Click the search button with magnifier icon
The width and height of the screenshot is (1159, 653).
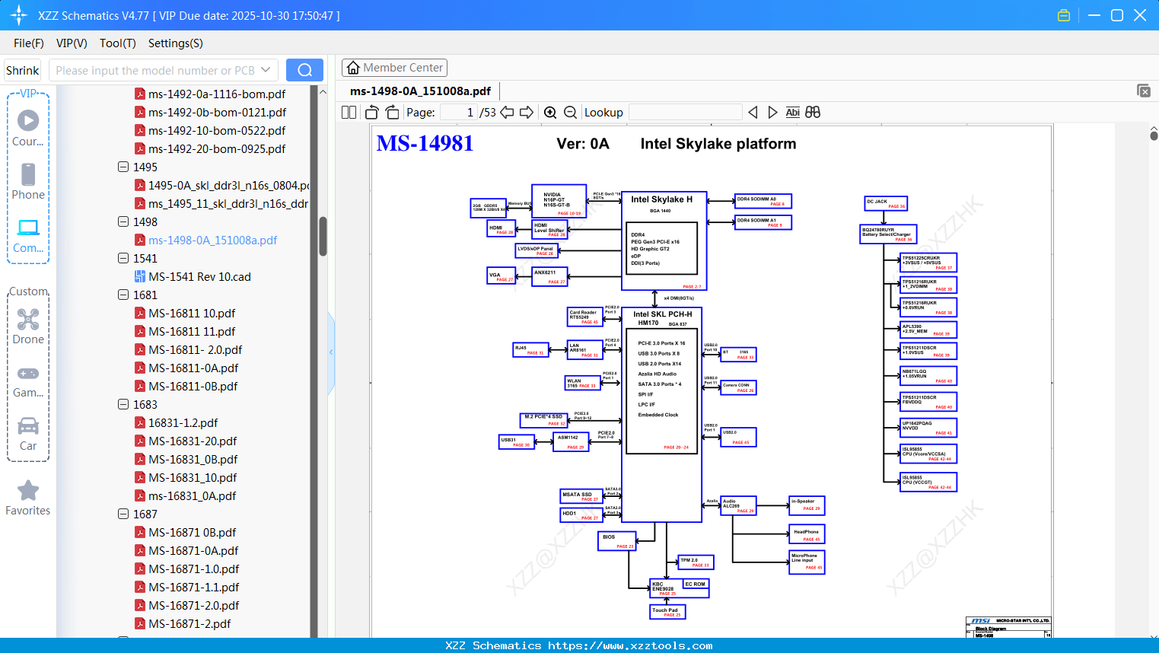pyautogui.click(x=304, y=70)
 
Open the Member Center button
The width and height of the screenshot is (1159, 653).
pyautogui.click(x=394, y=68)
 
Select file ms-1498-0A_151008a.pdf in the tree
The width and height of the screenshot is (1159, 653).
pyautogui.click(x=212, y=240)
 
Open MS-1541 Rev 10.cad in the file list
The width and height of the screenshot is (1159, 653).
pyautogui.click(x=199, y=276)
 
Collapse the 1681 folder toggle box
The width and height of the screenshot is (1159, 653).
pyautogui.click(x=123, y=295)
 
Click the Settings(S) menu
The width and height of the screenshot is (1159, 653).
pyautogui.click(x=175, y=43)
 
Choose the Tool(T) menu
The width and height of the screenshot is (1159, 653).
pyautogui.click(x=117, y=43)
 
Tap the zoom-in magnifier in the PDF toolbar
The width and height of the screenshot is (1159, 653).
pyautogui.click(x=550, y=113)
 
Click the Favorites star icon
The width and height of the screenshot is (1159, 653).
pyautogui.click(x=28, y=491)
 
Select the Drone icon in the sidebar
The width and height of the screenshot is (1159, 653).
pyautogui.click(x=28, y=319)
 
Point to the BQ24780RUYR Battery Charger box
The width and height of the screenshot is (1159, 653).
pyautogui.click(x=888, y=234)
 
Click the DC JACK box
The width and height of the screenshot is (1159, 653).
pyautogui.click(x=886, y=203)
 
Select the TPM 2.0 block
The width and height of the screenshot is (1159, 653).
pyautogui.click(x=695, y=562)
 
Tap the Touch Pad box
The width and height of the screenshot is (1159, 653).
pyautogui.click(x=667, y=611)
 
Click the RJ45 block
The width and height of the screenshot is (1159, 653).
pyautogui.click(x=530, y=349)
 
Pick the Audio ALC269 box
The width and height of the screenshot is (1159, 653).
pyautogui.click(x=737, y=505)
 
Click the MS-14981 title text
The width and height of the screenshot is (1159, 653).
pyautogui.click(x=425, y=143)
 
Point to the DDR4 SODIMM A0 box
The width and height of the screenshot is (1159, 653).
pyautogui.click(x=763, y=201)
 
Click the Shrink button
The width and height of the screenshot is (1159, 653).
pyautogui.click(x=22, y=70)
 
